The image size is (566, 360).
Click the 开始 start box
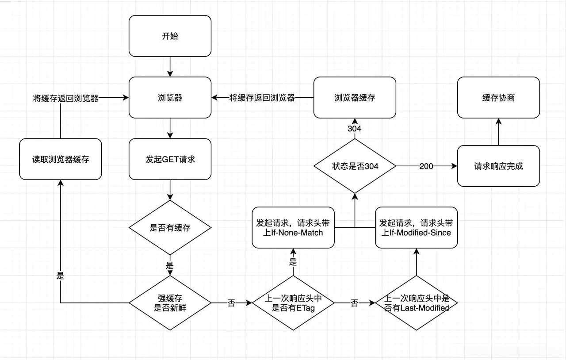coord(170,36)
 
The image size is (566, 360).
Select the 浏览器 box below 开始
coord(170,98)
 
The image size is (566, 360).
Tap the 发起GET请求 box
coord(170,159)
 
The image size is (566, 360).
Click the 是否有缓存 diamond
coord(170,228)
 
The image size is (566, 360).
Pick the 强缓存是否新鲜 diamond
coord(170,303)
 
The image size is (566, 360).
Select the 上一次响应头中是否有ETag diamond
coord(293,303)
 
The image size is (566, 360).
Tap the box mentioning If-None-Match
coord(293,227)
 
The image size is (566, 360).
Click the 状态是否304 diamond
coord(355,166)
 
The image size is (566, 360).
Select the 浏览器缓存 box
coord(355,98)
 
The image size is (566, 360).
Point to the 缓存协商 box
coord(498,98)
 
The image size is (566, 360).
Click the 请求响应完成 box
coord(498,166)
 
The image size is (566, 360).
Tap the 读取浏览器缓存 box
coord(61,159)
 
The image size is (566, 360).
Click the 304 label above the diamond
coord(355,129)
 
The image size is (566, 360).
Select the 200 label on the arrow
coord(426,166)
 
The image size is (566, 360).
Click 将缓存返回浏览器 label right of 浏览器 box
coord(262,98)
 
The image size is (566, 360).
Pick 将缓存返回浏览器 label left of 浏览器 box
coord(65,98)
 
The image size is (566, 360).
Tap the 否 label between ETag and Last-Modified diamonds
coord(354,303)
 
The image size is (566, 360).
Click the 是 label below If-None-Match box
coord(293,262)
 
